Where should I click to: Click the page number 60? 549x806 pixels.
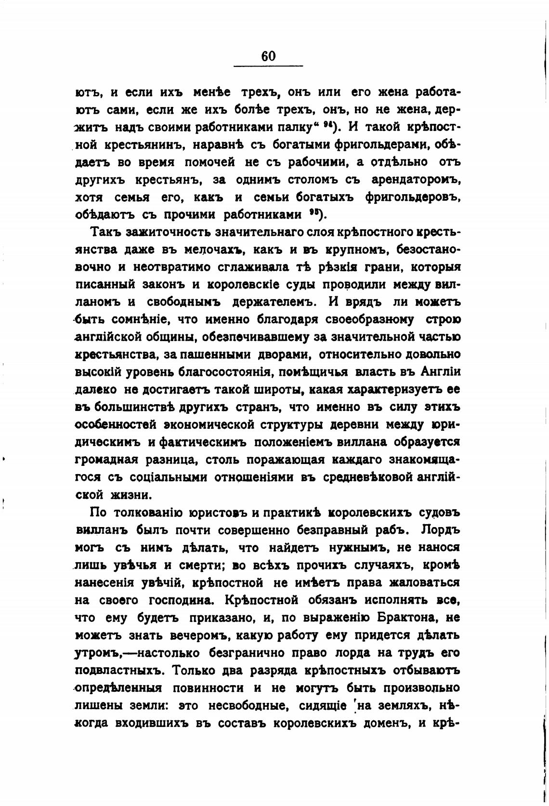(x=268, y=56)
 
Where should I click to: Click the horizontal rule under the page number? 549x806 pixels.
(x=268, y=66)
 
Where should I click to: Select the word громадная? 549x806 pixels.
(x=107, y=460)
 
